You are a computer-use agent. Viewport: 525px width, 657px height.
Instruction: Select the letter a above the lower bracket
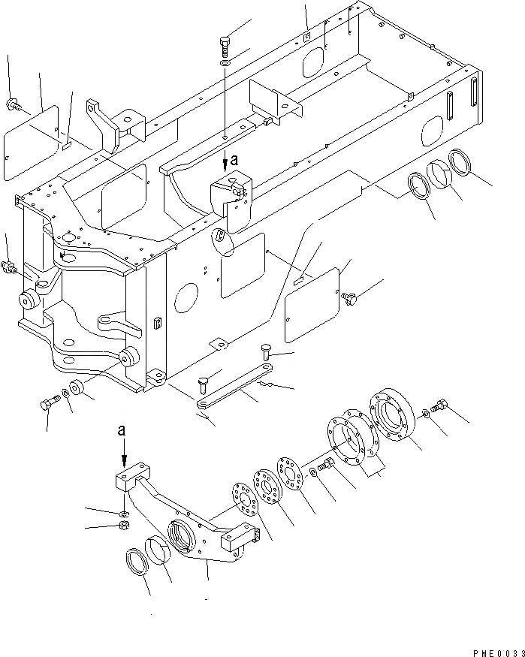click(122, 431)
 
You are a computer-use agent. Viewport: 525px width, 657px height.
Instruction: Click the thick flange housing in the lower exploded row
click(392, 415)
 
